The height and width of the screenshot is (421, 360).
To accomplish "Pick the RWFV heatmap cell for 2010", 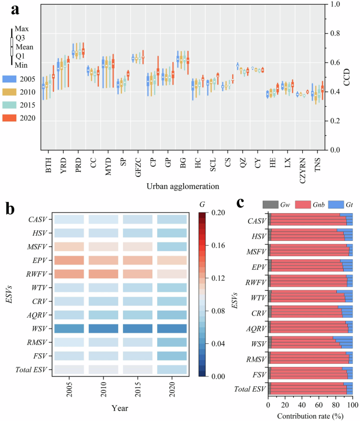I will click(103, 274).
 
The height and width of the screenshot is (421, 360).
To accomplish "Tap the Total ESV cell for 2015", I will click(138, 370).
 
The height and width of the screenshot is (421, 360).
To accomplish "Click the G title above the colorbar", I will click(202, 204).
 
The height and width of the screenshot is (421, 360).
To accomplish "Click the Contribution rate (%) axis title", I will click(310, 415).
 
